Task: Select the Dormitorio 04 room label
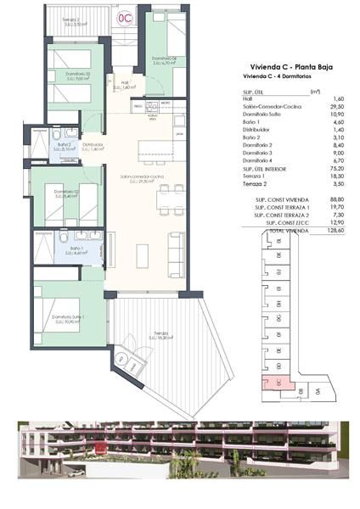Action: [164, 59]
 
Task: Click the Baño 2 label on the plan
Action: [63, 146]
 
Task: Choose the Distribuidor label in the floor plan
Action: [93, 146]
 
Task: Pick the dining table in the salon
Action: [162, 202]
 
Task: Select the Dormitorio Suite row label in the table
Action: [262, 113]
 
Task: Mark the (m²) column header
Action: [315, 92]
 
